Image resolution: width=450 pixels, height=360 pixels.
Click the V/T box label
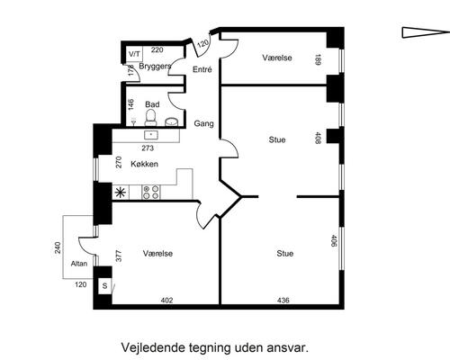point(134,54)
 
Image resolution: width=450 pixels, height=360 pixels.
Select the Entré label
point(202,69)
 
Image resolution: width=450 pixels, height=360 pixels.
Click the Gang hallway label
point(204,123)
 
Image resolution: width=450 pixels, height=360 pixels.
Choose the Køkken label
point(145,164)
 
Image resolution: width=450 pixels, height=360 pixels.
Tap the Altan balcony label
point(79,264)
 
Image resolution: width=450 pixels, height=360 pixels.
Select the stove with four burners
point(151,191)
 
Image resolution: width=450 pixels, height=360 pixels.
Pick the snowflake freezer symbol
point(121,191)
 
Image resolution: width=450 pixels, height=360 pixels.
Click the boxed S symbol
point(104,286)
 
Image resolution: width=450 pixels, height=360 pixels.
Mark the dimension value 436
point(283,300)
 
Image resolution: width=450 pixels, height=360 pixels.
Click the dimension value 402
point(166,300)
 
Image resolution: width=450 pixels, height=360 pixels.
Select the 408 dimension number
point(318,139)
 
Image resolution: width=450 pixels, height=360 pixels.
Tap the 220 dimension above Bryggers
point(157,50)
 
